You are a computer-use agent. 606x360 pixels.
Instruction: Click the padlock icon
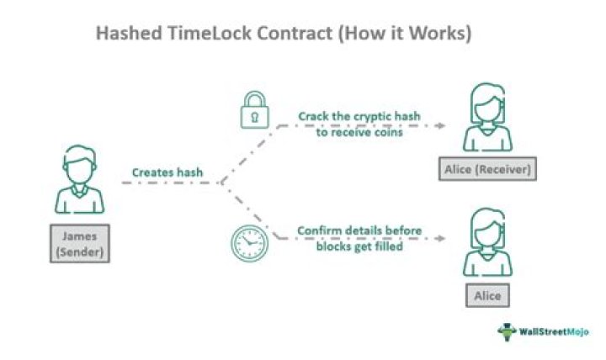254,110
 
